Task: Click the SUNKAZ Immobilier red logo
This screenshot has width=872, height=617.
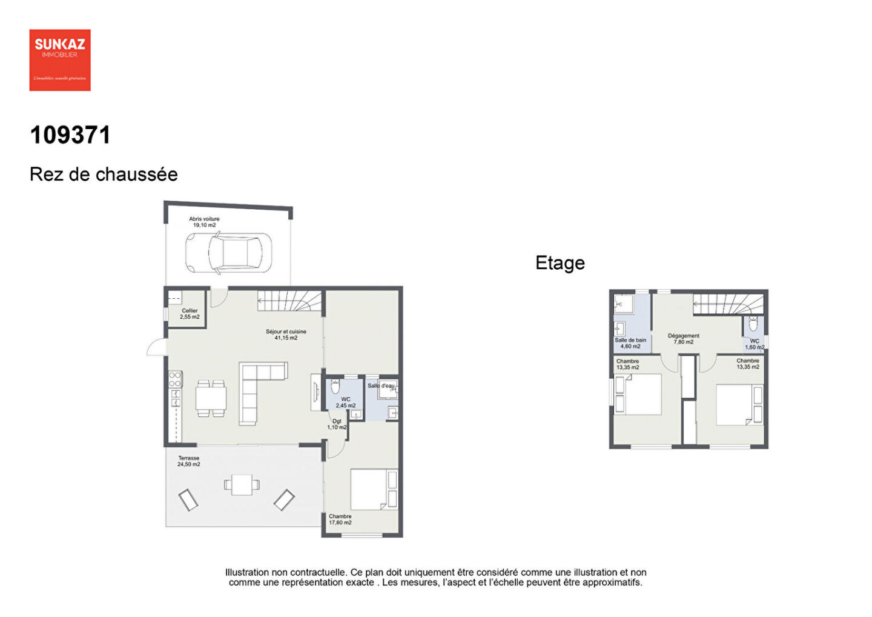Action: [60, 60]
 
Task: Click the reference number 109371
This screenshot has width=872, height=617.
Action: [70, 135]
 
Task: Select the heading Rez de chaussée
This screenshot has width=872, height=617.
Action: [104, 175]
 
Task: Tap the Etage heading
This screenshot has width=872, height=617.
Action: [560, 263]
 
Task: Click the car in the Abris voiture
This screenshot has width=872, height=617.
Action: [228, 253]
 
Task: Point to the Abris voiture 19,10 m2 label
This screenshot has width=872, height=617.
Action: [204, 222]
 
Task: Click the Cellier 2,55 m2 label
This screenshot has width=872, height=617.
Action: [190, 313]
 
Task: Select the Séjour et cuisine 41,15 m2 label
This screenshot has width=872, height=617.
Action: [286, 335]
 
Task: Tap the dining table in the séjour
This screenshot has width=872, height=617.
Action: [211, 398]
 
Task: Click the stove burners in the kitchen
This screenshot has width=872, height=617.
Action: [175, 379]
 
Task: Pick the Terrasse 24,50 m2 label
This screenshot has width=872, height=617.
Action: [188, 461]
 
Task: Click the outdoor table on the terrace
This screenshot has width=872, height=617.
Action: [242, 484]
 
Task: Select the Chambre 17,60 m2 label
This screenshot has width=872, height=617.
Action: [340, 519]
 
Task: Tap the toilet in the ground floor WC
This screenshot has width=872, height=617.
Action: [335, 386]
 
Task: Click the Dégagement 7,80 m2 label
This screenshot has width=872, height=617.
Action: [684, 339]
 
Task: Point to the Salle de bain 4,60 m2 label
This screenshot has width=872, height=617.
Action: [630, 343]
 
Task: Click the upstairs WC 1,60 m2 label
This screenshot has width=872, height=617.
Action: [755, 344]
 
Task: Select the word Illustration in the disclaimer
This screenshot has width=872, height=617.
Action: [247, 572]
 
